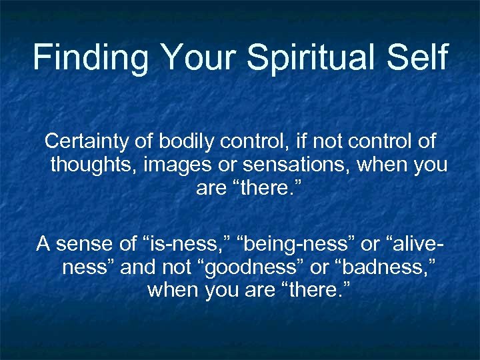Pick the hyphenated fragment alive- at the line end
[x=414, y=244]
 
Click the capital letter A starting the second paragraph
[x=43, y=244]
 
